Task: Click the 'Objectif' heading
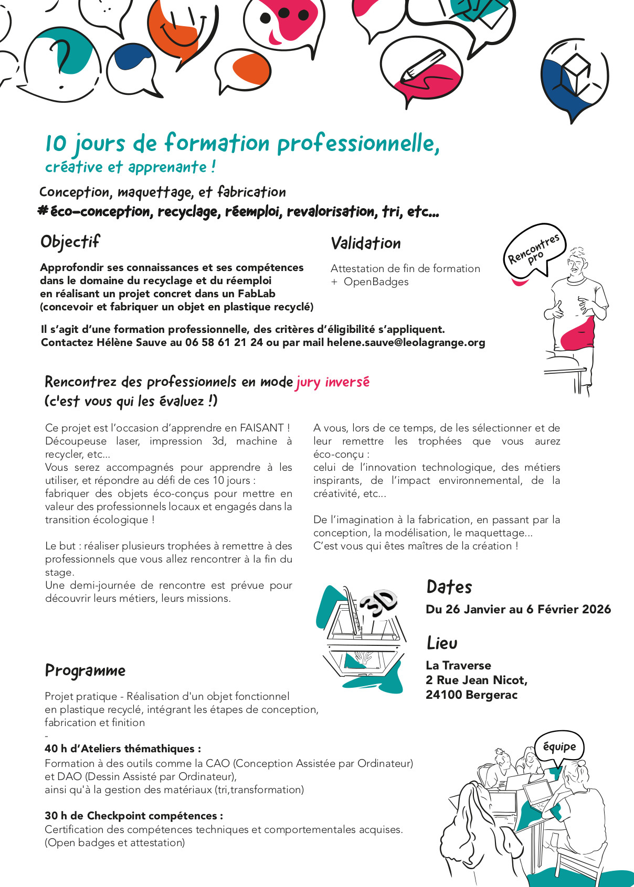point(70,242)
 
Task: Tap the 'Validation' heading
point(366,243)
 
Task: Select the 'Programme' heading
point(85,670)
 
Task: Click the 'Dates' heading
point(449,587)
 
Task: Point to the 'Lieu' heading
point(442,643)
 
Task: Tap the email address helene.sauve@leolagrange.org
point(406,343)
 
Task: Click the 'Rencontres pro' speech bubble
point(534,251)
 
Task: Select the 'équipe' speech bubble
point(559,747)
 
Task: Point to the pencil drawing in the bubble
point(422,67)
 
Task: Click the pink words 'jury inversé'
point(333,382)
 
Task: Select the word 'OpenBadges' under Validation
point(376,282)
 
